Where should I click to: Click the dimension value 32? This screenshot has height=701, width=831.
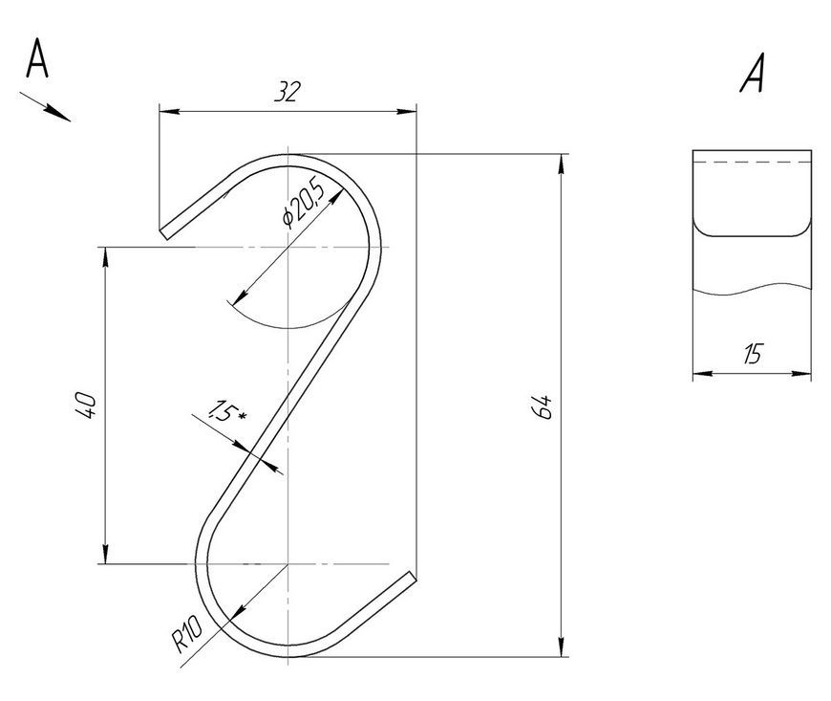(x=287, y=91)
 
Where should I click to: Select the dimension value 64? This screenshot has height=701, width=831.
(x=543, y=407)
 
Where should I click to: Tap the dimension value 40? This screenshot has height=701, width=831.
(x=86, y=405)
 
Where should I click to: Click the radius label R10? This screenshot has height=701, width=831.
(x=187, y=634)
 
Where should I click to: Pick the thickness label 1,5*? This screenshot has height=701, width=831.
(x=226, y=410)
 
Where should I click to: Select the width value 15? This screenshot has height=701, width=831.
(x=753, y=354)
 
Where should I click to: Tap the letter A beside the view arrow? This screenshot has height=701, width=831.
(x=37, y=57)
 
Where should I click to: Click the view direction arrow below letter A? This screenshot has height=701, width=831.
(x=45, y=107)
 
